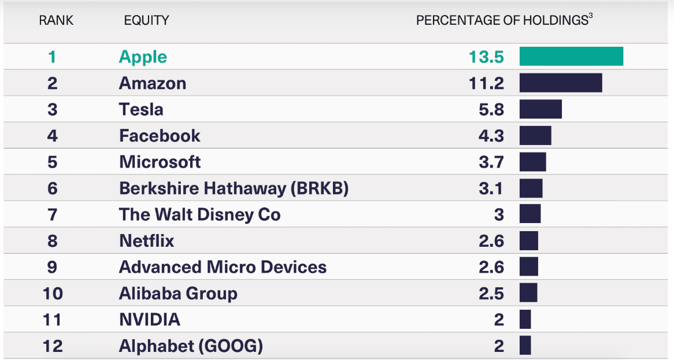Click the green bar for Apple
point(571,57)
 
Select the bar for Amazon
point(561,83)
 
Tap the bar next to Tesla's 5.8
point(540,109)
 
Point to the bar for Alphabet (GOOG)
point(525,346)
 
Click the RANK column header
point(56,21)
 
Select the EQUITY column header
point(146,21)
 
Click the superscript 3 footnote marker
point(591,17)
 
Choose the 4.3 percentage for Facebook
point(491,136)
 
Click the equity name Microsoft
point(160,162)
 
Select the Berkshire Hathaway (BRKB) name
point(234,188)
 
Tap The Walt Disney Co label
point(199,215)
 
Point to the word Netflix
point(146,241)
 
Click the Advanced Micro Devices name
point(223,268)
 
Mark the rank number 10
point(53,294)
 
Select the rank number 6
point(53,188)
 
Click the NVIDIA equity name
point(149,320)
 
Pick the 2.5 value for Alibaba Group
point(491,294)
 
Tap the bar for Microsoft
point(532,162)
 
